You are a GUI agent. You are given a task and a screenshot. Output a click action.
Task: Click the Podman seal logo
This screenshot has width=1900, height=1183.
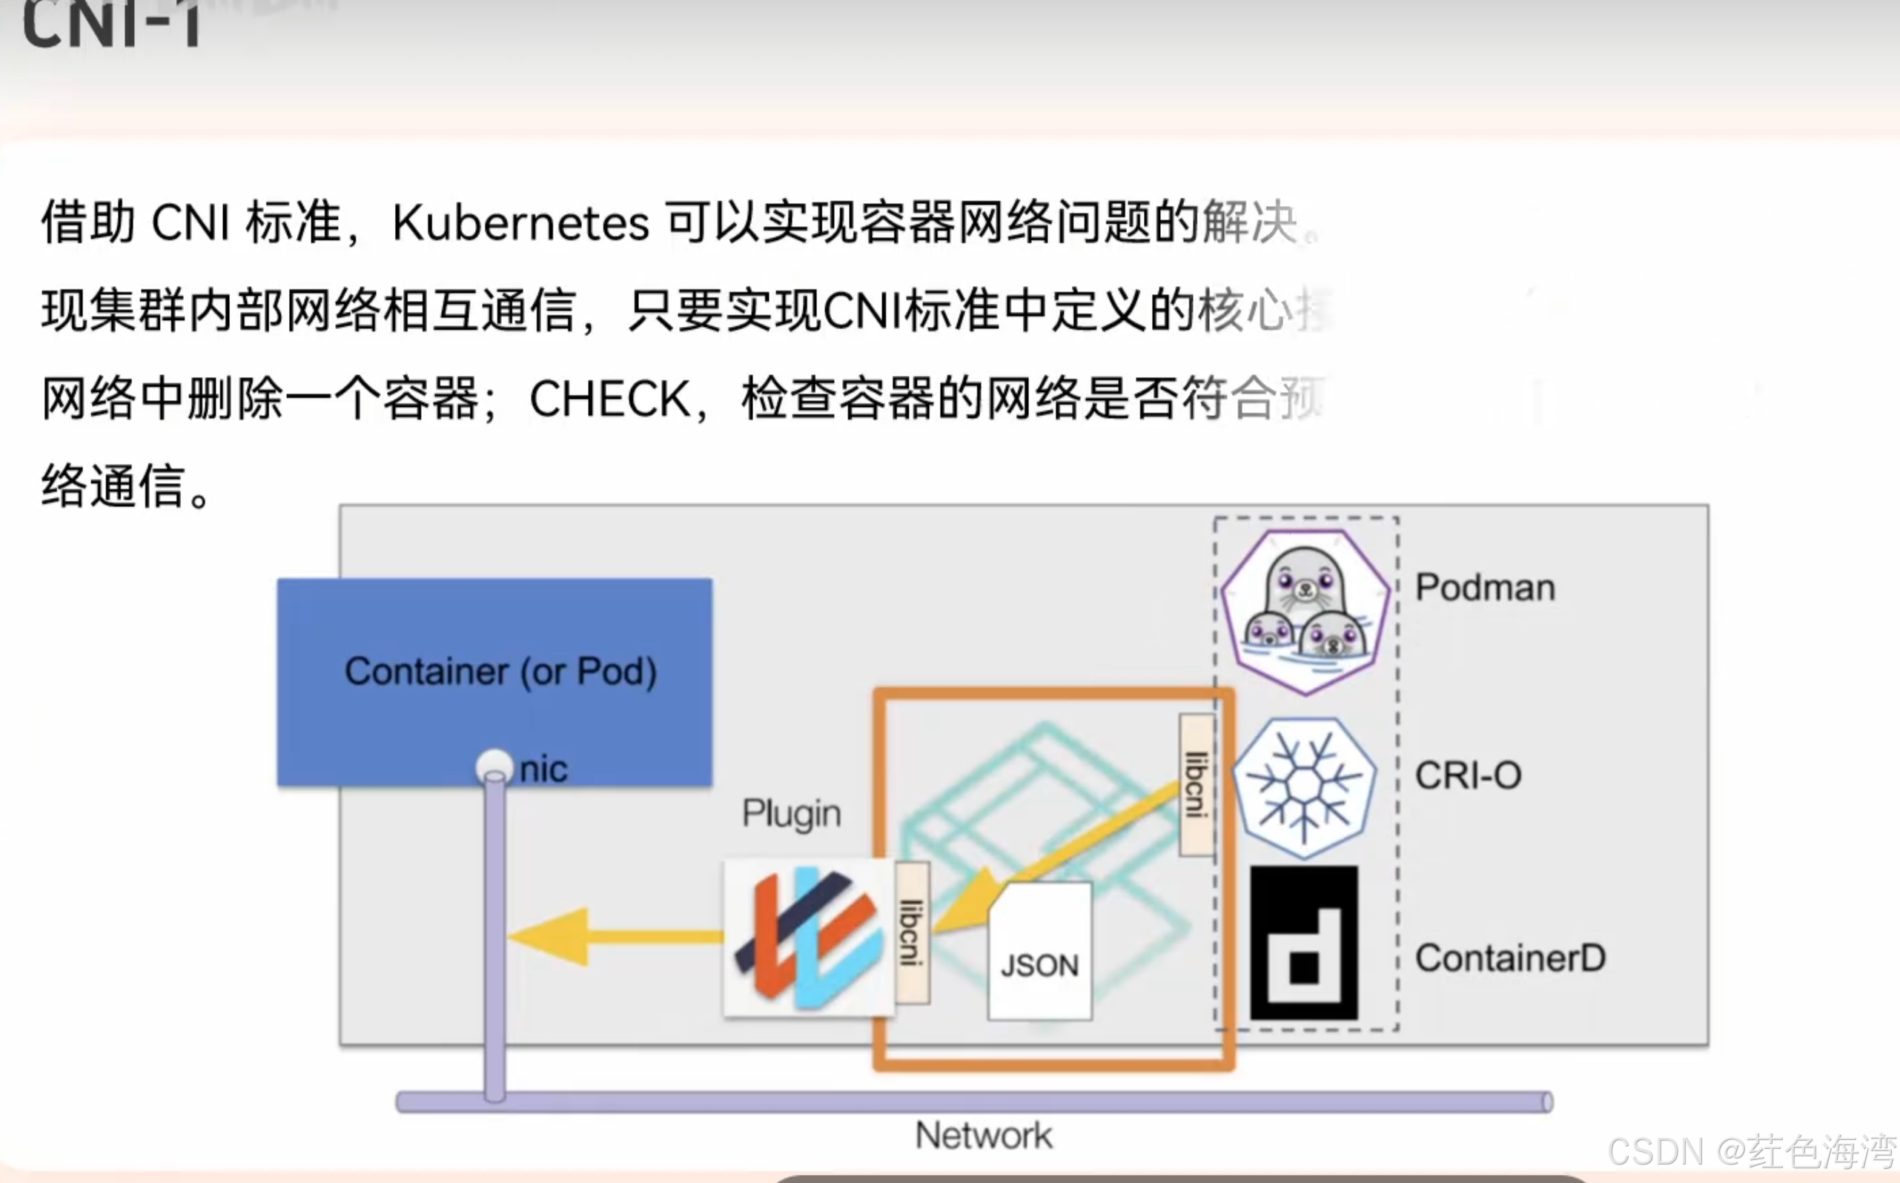point(1305,612)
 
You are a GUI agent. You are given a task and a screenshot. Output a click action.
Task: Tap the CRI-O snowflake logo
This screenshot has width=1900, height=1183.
point(1304,786)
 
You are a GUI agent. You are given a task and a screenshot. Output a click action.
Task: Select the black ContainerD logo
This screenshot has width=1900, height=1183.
point(1304,943)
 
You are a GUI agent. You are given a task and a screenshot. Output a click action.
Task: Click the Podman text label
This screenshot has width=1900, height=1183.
point(1484,588)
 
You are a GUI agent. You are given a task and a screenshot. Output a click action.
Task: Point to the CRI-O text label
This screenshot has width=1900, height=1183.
point(1468,775)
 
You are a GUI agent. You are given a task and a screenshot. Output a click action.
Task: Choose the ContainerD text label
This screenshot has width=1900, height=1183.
point(1509,958)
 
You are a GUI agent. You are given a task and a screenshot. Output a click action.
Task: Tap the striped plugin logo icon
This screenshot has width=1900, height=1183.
point(807,938)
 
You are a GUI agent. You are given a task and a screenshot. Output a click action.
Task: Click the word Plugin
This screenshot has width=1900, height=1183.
point(791,813)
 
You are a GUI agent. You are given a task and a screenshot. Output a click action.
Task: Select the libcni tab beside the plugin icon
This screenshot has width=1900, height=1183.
point(912,932)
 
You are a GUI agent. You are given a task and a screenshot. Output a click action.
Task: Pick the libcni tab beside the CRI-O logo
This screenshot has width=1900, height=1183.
point(1196,784)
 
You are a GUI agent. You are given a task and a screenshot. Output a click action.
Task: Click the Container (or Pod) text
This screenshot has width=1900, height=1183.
point(501,672)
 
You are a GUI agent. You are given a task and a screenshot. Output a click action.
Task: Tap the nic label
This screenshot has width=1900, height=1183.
point(544,769)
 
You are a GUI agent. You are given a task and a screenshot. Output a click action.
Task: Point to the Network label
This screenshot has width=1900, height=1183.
point(984,1136)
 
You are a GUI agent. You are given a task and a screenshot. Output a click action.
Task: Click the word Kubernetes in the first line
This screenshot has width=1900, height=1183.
point(520,223)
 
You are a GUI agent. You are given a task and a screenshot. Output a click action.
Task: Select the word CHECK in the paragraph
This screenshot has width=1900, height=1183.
point(609,399)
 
